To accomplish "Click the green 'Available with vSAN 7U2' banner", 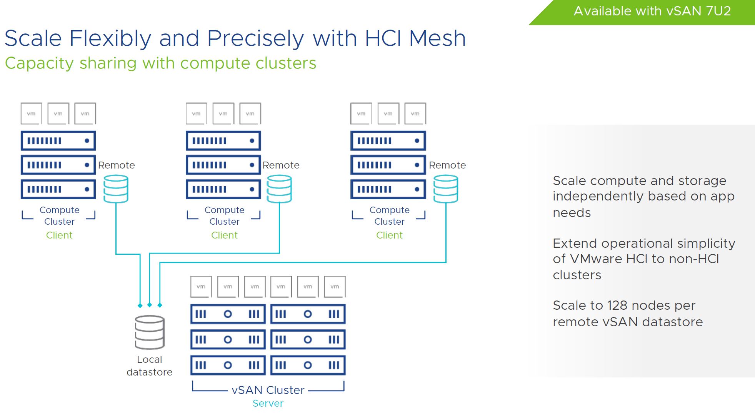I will point(652,12).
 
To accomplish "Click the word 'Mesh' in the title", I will point(437,38).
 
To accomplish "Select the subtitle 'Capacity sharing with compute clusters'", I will point(160,63).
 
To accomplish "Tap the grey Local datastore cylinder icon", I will point(150,332).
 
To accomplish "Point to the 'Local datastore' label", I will point(150,366).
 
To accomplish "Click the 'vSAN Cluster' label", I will point(268,390).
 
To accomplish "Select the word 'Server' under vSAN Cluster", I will point(268,403).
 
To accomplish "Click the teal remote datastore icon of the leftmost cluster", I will point(116,189).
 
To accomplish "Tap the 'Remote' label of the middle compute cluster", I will point(281,165).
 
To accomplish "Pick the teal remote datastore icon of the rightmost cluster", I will point(445,189).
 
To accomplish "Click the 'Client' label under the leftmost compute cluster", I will point(59,235).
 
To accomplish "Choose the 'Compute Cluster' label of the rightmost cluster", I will point(389,215).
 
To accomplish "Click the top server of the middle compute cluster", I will point(223,141).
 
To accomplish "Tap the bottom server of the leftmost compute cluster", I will point(58,189).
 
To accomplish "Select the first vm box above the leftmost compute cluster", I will point(31,114).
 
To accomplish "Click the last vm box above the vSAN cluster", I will point(335,287).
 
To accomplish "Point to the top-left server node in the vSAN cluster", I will point(228,314).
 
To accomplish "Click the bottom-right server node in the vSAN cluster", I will point(308,365).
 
